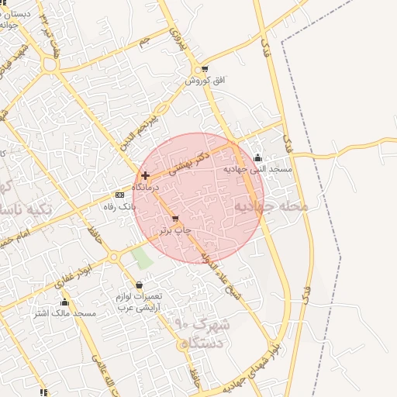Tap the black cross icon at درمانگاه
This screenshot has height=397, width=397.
pyautogui.click(x=145, y=176)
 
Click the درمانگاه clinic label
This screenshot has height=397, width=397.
pyautogui.click(x=145, y=188)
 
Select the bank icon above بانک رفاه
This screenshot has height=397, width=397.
pyautogui.click(x=119, y=195)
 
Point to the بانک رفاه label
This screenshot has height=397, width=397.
pyautogui.click(x=119, y=207)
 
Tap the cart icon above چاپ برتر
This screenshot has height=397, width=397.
pyautogui.click(x=175, y=219)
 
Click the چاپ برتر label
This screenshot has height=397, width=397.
pyautogui.click(x=174, y=230)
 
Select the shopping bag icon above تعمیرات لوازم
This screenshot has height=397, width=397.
pyautogui.click(x=139, y=285)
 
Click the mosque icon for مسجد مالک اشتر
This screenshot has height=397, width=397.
pyautogui.click(x=64, y=302)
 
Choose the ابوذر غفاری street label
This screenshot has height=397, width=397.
pyautogui.click(x=77, y=274)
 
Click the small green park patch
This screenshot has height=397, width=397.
pyautogui.click(x=140, y=257)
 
